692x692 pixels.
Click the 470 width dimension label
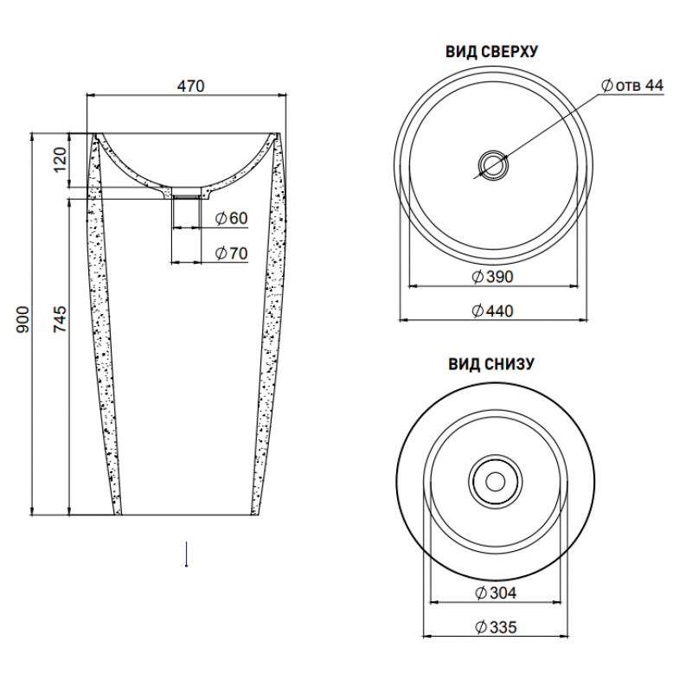(x=190, y=86)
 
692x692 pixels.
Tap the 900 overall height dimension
(x=22, y=319)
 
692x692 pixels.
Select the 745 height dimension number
(x=60, y=318)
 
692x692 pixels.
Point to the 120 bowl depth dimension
(x=60, y=159)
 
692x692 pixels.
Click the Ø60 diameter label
(x=231, y=218)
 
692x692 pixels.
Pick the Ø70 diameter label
(x=231, y=253)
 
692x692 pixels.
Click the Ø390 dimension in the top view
(x=492, y=277)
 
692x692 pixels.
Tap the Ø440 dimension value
(x=492, y=311)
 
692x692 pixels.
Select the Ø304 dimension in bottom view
(x=496, y=593)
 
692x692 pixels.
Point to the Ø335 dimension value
(x=496, y=627)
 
